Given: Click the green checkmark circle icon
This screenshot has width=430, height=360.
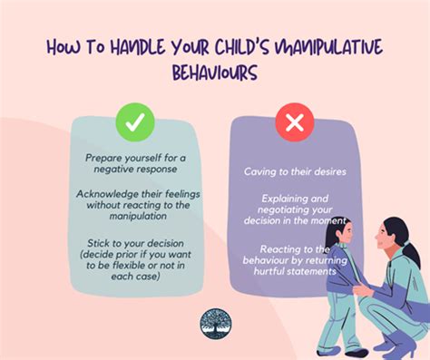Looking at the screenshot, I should (133, 122).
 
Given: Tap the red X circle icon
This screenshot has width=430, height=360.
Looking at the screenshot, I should (294, 122).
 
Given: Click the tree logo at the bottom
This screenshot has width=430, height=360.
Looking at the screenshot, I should (215, 323).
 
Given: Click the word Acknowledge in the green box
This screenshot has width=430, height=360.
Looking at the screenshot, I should (109, 193).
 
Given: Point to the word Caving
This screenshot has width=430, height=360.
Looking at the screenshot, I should (262, 170).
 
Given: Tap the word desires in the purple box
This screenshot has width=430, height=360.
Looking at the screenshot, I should (326, 170).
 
